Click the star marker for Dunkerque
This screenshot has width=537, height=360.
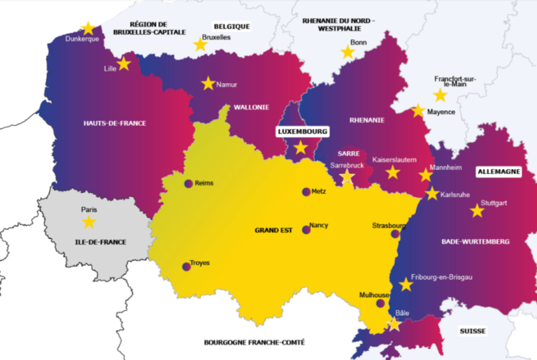(88, 29)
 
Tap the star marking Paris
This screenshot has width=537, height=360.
(89, 222)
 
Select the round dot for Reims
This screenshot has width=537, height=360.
(188, 184)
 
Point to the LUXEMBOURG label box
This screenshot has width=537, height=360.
(302, 131)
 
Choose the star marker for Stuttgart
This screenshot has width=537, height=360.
(477, 210)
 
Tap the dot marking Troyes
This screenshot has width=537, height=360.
(186, 266)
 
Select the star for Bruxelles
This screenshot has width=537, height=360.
(200, 45)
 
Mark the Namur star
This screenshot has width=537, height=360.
(208, 83)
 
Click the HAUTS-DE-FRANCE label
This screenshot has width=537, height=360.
(115, 123)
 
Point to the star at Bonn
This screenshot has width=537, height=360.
(348, 52)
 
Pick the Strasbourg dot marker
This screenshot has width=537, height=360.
(395, 234)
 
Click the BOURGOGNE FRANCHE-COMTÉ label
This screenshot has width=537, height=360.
(254, 343)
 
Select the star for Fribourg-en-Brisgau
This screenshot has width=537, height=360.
(406, 285)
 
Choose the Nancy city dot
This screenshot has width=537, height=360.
(306, 229)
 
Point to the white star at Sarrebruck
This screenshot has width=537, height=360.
(347, 177)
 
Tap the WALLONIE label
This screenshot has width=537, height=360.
(251, 107)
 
